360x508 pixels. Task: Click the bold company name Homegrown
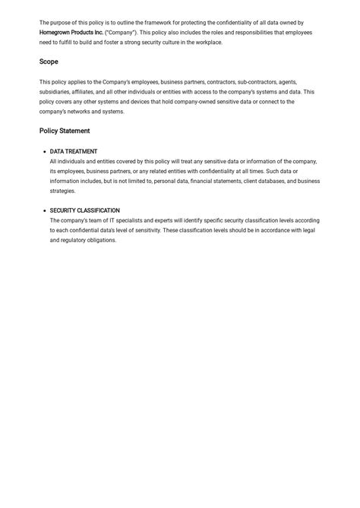pos(58,33)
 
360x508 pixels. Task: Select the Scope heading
pos(49,62)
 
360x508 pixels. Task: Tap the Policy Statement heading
pos(65,131)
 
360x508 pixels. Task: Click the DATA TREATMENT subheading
pos(74,152)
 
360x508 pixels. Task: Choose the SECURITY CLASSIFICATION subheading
pos(84,211)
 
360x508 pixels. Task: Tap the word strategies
pos(62,191)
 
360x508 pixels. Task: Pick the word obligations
pos(103,241)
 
